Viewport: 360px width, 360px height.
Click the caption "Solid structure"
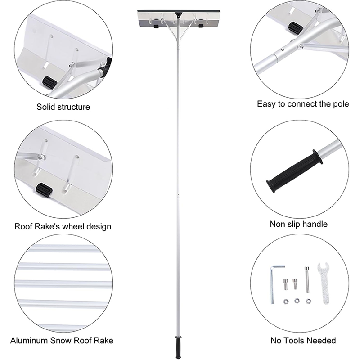[63, 107]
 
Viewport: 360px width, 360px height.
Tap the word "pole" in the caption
[340, 104]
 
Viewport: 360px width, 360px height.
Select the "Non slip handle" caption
[298, 224]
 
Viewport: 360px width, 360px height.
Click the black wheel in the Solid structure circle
[48, 82]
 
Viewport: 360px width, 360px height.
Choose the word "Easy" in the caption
[265, 104]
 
